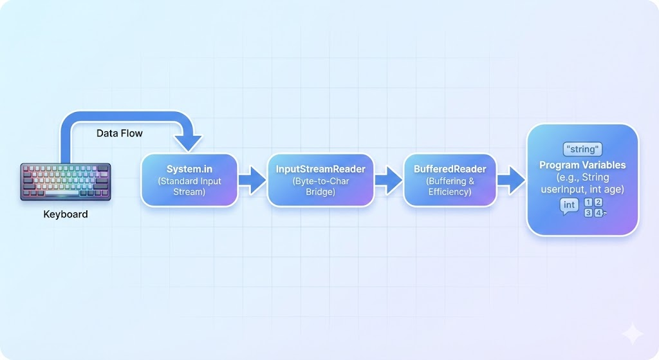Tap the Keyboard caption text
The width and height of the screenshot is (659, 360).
coord(66,214)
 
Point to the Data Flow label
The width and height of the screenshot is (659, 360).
coord(120,133)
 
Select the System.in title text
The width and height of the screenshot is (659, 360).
coord(189,169)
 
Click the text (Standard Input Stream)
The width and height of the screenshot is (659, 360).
coord(189,186)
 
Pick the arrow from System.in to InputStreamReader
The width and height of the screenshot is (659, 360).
coord(252,180)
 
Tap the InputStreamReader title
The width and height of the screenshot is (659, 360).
coord(320,169)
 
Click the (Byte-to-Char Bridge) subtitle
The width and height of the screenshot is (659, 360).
coord(320,186)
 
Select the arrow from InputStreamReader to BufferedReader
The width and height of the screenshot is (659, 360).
coord(389,180)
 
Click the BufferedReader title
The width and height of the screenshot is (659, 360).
coord(450,169)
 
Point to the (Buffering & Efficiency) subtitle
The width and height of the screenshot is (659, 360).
coord(450,186)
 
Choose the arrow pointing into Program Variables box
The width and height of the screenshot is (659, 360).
coord(512,180)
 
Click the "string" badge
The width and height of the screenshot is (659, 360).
coord(582,149)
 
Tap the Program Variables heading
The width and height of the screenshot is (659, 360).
coord(582,166)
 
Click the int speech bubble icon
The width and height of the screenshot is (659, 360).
coord(570,206)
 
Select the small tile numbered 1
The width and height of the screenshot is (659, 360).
coord(588,202)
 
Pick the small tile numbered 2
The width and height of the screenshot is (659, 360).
coord(598,202)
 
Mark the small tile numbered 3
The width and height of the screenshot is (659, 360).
coord(588,213)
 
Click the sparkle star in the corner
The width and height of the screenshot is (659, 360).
coord(632,334)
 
